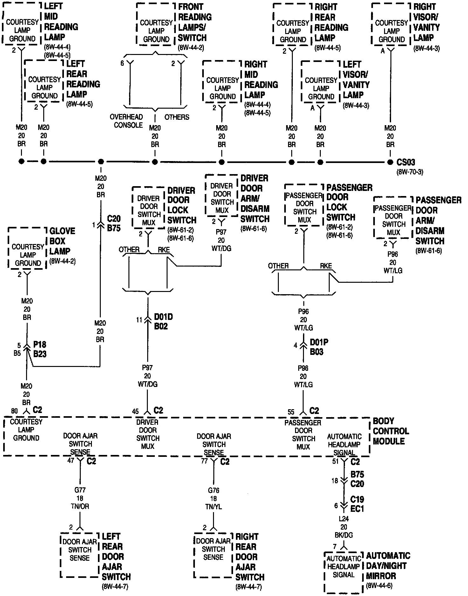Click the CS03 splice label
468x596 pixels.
pyautogui.click(x=406, y=162)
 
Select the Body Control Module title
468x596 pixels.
pyautogui.click(x=391, y=431)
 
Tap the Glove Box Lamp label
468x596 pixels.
pyautogui.click(x=62, y=241)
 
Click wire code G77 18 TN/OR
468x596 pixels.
pyautogui.click(x=80, y=498)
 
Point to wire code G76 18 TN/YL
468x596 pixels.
pyautogui.click(x=214, y=498)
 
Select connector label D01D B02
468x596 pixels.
pyautogui.click(x=163, y=322)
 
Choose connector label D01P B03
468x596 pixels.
pyautogui.click(x=319, y=347)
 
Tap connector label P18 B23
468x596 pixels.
pyautogui.click(x=40, y=349)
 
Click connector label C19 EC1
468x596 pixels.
pyautogui.click(x=357, y=504)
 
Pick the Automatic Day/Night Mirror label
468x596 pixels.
pyautogui.click(x=388, y=566)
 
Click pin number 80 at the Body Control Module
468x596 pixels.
pyautogui.click(x=15, y=411)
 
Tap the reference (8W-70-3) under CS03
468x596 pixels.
pyautogui.click(x=410, y=172)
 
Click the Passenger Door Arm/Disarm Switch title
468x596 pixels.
pyautogui.click(x=438, y=220)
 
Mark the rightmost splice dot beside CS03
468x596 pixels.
pyautogui.click(x=390, y=162)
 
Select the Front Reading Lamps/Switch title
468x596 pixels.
pyautogui.click(x=195, y=22)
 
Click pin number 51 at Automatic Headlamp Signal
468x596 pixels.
pyautogui.click(x=335, y=461)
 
